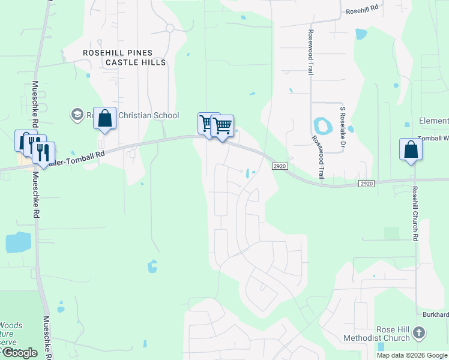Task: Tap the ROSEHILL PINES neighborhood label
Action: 118,53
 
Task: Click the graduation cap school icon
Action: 77,114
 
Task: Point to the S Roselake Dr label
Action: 343,127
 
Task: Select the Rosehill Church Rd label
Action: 414,212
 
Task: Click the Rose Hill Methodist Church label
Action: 376,334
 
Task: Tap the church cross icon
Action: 419,332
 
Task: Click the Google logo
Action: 19,353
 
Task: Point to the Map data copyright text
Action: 412,355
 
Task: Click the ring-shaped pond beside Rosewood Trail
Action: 323,126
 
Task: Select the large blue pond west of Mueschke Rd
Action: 18,242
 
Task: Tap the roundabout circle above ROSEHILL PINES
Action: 170,28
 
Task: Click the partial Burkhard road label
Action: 435,314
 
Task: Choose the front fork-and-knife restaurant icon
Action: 44,152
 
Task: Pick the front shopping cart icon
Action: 222,126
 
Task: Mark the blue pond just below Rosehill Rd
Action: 360,34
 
